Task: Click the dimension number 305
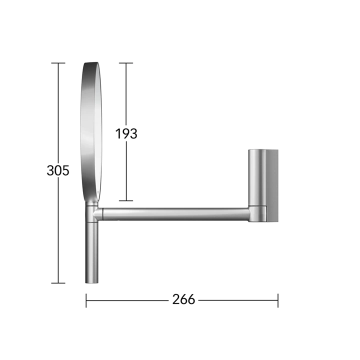pyautogui.click(x=58, y=170)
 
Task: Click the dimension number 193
pyautogui.click(x=126, y=133)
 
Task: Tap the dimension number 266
pyautogui.click(x=183, y=299)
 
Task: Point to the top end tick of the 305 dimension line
pyautogui.click(x=58, y=63)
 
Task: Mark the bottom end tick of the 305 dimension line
pyautogui.click(x=58, y=283)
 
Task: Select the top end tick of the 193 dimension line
pyautogui.click(x=126, y=63)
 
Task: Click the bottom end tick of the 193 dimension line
pyautogui.click(x=126, y=200)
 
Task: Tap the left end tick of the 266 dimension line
pyautogui.click(x=86, y=300)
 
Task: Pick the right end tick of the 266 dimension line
pyautogui.click(x=278, y=300)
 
